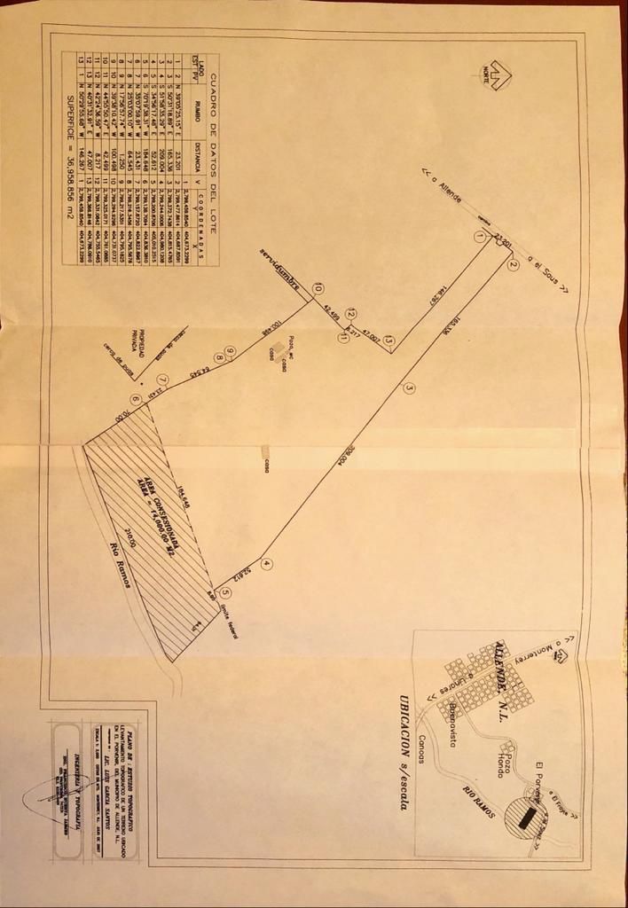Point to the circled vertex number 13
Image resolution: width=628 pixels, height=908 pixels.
pyautogui.click(x=389, y=340)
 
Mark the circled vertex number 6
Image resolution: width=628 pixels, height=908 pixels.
pyautogui.click(x=135, y=399)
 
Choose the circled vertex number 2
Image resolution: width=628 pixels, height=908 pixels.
pyautogui.click(x=512, y=262)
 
